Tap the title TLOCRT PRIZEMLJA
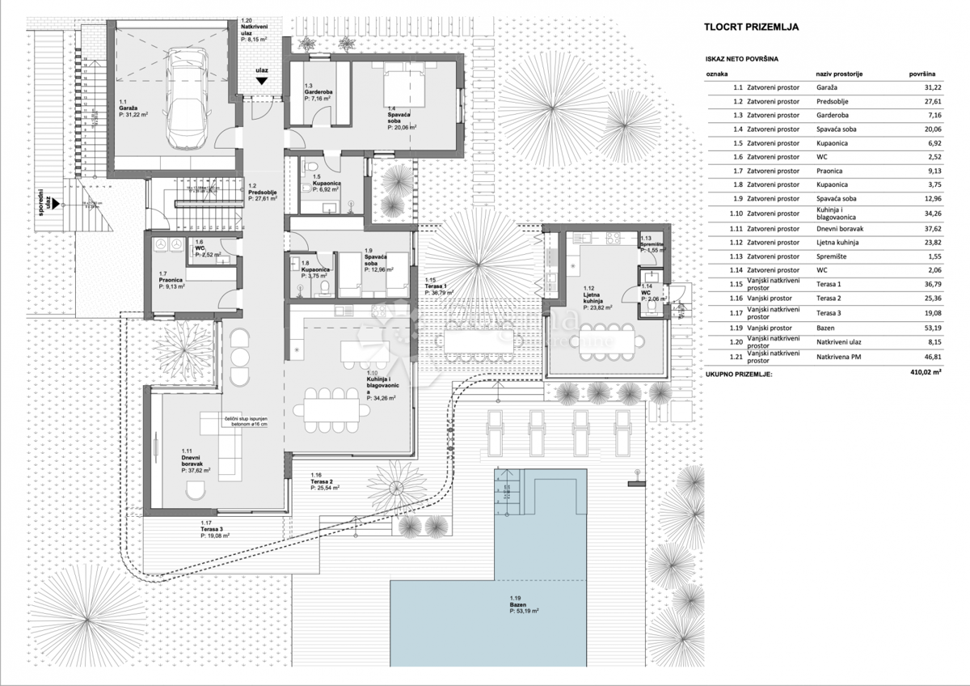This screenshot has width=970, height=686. [x=751, y=27]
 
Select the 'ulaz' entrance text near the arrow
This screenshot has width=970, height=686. [x=261, y=70]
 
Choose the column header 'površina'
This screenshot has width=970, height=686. [x=922, y=74]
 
